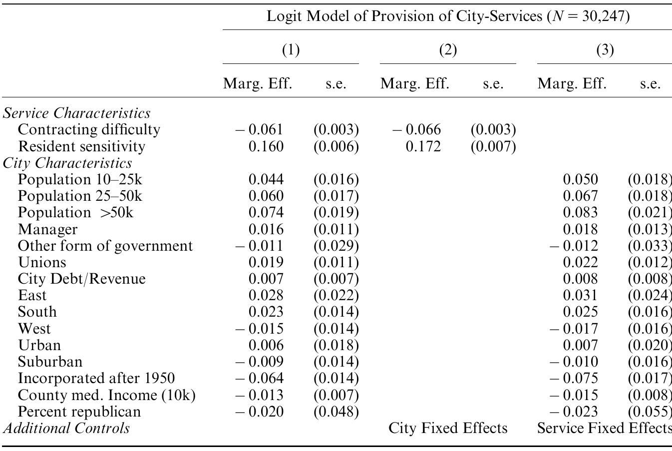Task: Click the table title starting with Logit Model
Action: coord(448,16)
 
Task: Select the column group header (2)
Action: coord(447,50)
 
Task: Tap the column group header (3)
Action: coord(605,50)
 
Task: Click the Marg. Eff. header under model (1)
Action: coord(257,83)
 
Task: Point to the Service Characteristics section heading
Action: coord(76,113)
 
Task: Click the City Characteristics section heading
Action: coord(67,163)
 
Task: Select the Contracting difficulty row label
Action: coord(89,130)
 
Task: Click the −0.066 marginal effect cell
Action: coord(417,130)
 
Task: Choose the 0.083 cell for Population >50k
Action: coord(580,212)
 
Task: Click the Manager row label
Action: coord(48,229)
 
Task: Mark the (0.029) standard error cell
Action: coord(336,246)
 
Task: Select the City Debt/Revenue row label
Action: coord(82,279)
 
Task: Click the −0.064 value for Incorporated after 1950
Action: coord(260,378)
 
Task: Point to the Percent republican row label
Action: coord(79,412)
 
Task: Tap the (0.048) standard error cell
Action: coord(336,412)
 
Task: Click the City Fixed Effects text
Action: coord(448,428)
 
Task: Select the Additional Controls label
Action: coord(66,428)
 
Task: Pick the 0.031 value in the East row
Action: coord(580,295)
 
